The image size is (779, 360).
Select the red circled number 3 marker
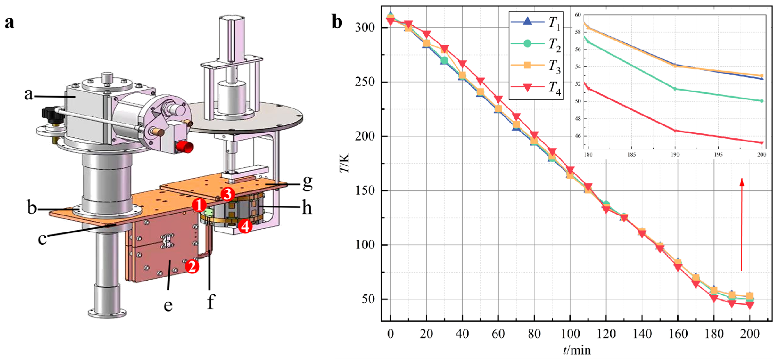click(228, 194)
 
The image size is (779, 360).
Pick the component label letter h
click(307, 208)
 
